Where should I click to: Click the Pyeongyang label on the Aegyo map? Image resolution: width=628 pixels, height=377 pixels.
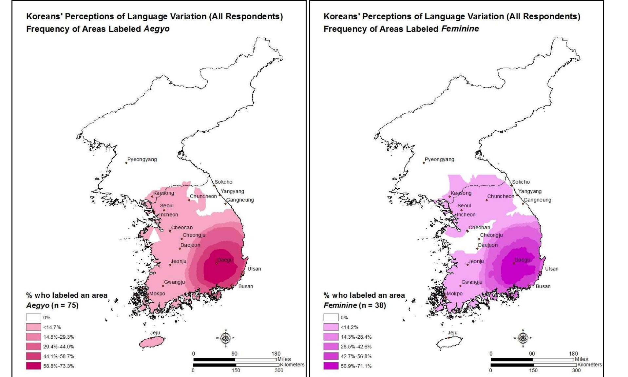pyautogui.click(x=142, y=160)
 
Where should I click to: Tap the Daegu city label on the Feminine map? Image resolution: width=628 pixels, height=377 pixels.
pyautogui.click(x=522, y=260)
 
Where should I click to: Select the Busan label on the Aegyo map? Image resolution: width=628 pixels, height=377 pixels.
pyautogui.click(x=245, y=286)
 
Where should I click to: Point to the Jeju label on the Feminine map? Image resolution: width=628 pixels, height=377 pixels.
pyautogui.click(x=452, y=332)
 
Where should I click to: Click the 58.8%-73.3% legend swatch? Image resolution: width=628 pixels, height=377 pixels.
pyautogui.click(x=33, y=366)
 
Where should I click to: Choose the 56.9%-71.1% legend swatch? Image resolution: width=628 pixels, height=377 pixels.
pyautogui.click(x=331, y=366)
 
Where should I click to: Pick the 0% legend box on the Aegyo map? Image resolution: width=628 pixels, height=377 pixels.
pyautogui.click(x=33, y=317)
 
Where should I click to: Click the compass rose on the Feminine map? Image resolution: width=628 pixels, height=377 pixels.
pyautogui.click(x=523, y=338)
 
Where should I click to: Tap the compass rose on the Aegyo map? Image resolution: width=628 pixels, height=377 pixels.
pyautogui.click(x=225, y=338)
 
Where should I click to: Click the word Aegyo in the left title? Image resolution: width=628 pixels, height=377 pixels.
pyautogui.click(x=157, y=29)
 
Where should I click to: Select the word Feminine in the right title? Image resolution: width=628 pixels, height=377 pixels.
pyautogui.click(x=460, y=29)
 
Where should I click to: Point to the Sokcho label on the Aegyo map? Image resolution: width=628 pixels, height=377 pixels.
pyautogui.click(x=223, y=182)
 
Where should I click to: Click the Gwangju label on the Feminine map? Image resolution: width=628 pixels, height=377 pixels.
pyautogui.click(x=472, y=282)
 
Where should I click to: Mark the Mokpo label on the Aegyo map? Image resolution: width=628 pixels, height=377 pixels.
pyautogui.click(x=157, y=293)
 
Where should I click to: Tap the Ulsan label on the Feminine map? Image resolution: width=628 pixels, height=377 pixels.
pyautogui.click(x=552, y=269)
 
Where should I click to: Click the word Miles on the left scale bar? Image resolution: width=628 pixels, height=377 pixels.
pyautogui.click(x=284, y=359)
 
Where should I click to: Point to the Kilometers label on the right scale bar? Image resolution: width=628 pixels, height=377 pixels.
pyautogui.click(x=589, y=365)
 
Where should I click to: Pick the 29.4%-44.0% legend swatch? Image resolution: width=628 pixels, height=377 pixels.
pyautogui.click(x=33, y=347)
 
